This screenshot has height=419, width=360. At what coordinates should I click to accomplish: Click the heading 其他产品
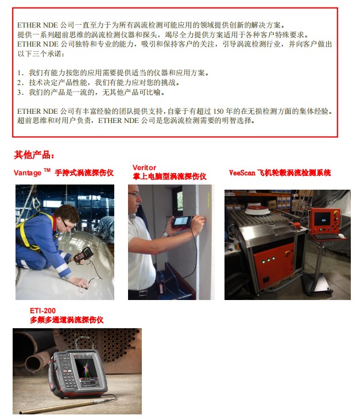34,155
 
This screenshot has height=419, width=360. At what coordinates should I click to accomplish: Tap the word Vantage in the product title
28,173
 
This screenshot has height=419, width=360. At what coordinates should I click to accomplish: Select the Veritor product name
144,168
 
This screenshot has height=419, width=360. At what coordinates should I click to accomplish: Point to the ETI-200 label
42,311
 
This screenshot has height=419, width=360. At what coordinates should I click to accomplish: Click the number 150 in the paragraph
218,111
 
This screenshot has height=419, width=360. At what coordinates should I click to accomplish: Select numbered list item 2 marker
21,83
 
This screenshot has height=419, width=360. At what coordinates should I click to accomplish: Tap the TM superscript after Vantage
47,170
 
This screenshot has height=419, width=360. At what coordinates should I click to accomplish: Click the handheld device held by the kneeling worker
83,255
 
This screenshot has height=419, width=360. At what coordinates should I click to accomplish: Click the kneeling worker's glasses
67,224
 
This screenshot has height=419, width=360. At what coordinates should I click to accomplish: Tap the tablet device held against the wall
181,222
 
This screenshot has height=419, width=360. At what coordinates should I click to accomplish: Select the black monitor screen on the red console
322,219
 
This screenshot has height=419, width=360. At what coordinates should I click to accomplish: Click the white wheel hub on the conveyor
258,210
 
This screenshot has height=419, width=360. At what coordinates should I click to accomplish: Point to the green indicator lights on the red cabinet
268,260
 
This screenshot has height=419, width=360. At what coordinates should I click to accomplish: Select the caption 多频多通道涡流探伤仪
67,320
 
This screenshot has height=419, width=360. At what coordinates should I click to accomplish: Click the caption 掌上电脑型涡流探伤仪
169,176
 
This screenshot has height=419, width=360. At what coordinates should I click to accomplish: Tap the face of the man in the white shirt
134,197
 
